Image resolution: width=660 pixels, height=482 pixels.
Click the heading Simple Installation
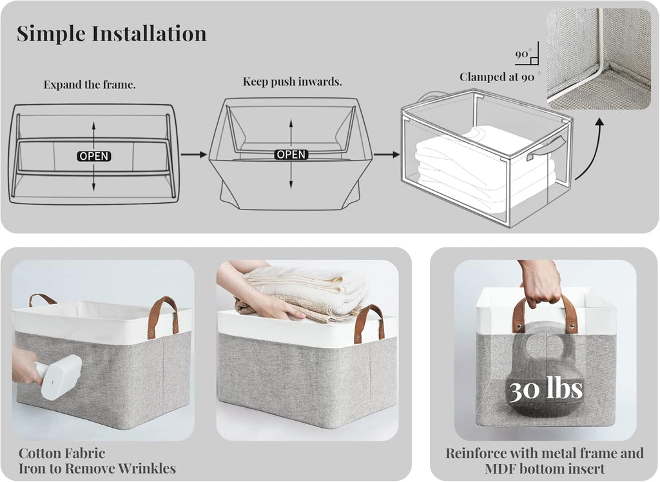(x=112, y=34)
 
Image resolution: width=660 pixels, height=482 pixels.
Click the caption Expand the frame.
(x=90, y=84)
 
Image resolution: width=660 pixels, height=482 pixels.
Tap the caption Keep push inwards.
(x=292, y=82)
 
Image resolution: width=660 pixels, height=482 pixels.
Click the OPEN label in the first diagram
(x=94, y=156)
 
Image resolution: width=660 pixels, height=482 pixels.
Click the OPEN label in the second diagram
(x=291, y=155)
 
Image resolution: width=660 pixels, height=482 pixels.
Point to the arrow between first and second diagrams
(x=193, y=155)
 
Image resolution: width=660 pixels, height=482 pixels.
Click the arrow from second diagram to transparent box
(x=387, y=155)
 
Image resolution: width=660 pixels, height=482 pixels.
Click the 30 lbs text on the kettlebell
(x=545, y=390)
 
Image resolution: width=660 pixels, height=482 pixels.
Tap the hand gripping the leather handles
(x=540, y=283)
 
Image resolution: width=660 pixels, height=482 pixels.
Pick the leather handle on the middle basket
(x=369, y=323)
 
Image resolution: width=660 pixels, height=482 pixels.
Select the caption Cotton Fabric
(x=62, y=453)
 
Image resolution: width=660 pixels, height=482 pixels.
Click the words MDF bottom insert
(x=545, y=469)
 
